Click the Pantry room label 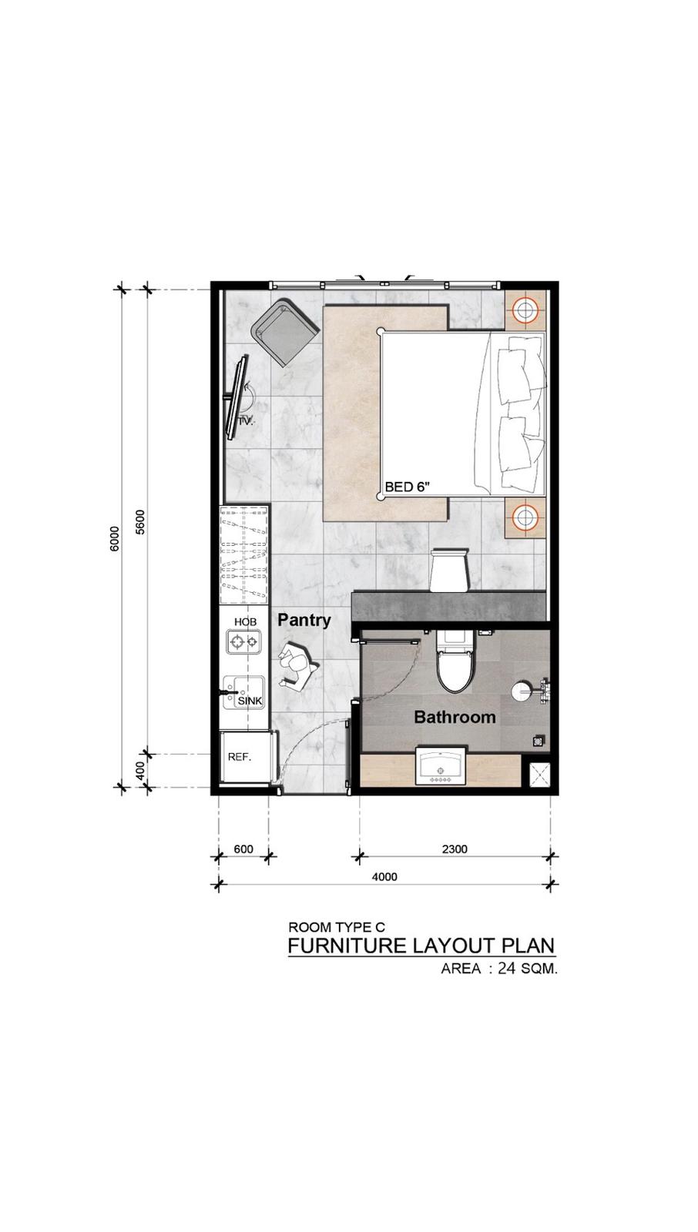click(x=304, y=620)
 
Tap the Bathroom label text click(x=455, y=717)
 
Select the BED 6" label click(x=407, y=487)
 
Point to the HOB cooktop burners click(x=244, y=641)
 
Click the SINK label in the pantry click(x=250, y=701)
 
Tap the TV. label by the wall click(x=246, y=421)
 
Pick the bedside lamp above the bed click(x=525, y=310)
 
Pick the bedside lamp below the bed click(x=525, y=517)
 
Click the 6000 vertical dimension click(x=114, y=538)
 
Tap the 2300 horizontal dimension click(x=455, y=849)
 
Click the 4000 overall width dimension click(x=384, y=877)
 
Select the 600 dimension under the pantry click(x=243, y=849)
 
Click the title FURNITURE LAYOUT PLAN click(x=421, y=946)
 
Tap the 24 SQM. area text click(x=527, y=969)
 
